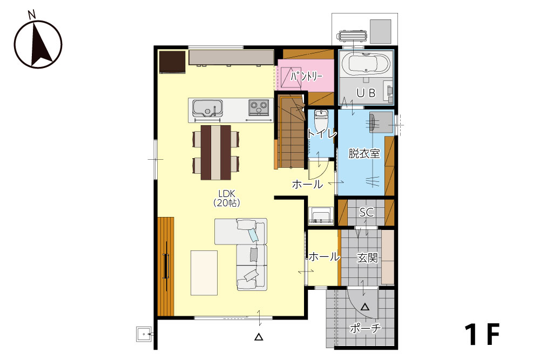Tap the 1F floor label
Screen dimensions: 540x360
[482, 334]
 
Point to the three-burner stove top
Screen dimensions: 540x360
[259, 107]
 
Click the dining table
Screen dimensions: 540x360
[216, 152]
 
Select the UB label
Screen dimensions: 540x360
[366, 93]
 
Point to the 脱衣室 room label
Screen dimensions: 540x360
[364, 153]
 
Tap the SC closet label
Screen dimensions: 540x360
[367, 212]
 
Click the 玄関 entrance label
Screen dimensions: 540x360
[367, 257]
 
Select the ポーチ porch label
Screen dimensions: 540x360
[366, 328]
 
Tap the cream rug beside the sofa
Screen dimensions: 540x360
[204, 273]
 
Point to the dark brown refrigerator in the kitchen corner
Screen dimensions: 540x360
[172, 62]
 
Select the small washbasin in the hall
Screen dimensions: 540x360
[321, 216]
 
